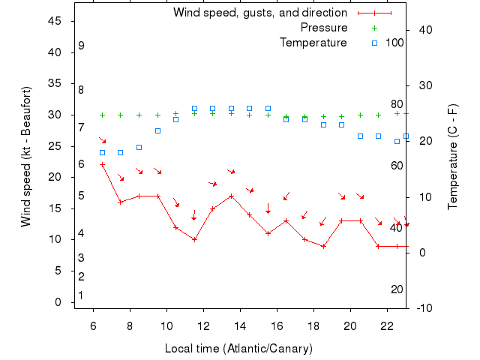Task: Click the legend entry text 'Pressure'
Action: pos(324,28)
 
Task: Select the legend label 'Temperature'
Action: pos(313,43)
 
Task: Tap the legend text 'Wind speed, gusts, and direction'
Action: pos(260,13)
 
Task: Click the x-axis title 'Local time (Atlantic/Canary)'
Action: pos(238,349)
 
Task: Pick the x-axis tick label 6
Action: pos(93,326)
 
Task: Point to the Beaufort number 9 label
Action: pos(81,46)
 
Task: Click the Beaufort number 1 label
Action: pos(81,295)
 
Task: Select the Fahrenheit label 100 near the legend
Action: pos(395,43)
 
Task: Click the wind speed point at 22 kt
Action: pos(102,164)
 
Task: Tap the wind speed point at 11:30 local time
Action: pos(194,239)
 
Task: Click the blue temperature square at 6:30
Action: pos(102,152)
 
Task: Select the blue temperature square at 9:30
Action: pos(157,130)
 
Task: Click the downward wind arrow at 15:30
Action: pos(268,208)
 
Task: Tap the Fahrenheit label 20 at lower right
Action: pos(397,289)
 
